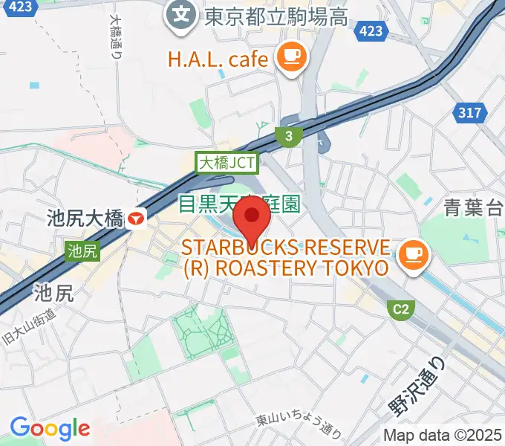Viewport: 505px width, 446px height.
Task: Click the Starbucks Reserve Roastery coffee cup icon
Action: coord(410,256)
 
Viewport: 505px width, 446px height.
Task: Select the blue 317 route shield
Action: coord(469,113)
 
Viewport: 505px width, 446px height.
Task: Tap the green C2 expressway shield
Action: coord(401,307)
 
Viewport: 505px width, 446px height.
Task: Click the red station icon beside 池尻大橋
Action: coord(137,218)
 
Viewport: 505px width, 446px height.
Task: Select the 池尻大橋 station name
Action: coord(85,219)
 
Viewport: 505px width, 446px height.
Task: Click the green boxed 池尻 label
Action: coord(82,251)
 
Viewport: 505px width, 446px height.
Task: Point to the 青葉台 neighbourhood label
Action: coord(473,208)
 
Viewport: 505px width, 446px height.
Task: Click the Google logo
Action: coord(50,428)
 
